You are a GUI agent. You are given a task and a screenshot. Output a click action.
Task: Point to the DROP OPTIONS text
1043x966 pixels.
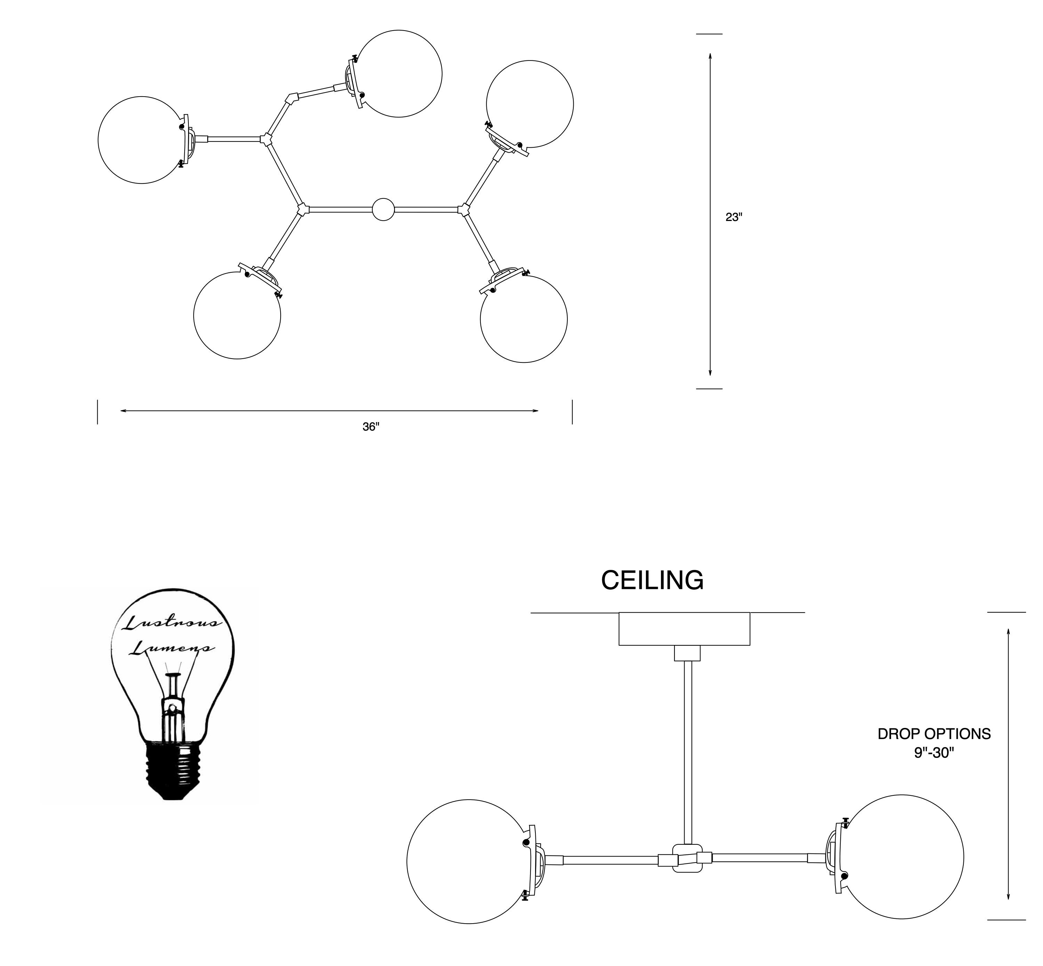pyautogui.click(x=934, y=734)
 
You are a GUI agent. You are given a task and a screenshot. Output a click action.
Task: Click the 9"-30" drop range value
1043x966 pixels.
pyautogui.click(x=934, y=753)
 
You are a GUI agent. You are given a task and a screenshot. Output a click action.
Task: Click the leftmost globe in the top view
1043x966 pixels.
pyautogui.click(x=142, y=140)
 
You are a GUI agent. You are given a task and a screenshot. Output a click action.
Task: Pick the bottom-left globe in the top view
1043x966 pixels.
pyautogui.click(x=237, y=315)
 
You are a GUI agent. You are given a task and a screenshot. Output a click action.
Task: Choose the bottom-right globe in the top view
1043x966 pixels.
pyautogui.click(x=524, y=319)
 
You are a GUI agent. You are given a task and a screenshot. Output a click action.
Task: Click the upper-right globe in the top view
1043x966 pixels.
pyautogui.click(x=529, y=104)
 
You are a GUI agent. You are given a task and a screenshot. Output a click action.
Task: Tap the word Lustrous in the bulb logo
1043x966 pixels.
pyautogui.click(x=172, y=623)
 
